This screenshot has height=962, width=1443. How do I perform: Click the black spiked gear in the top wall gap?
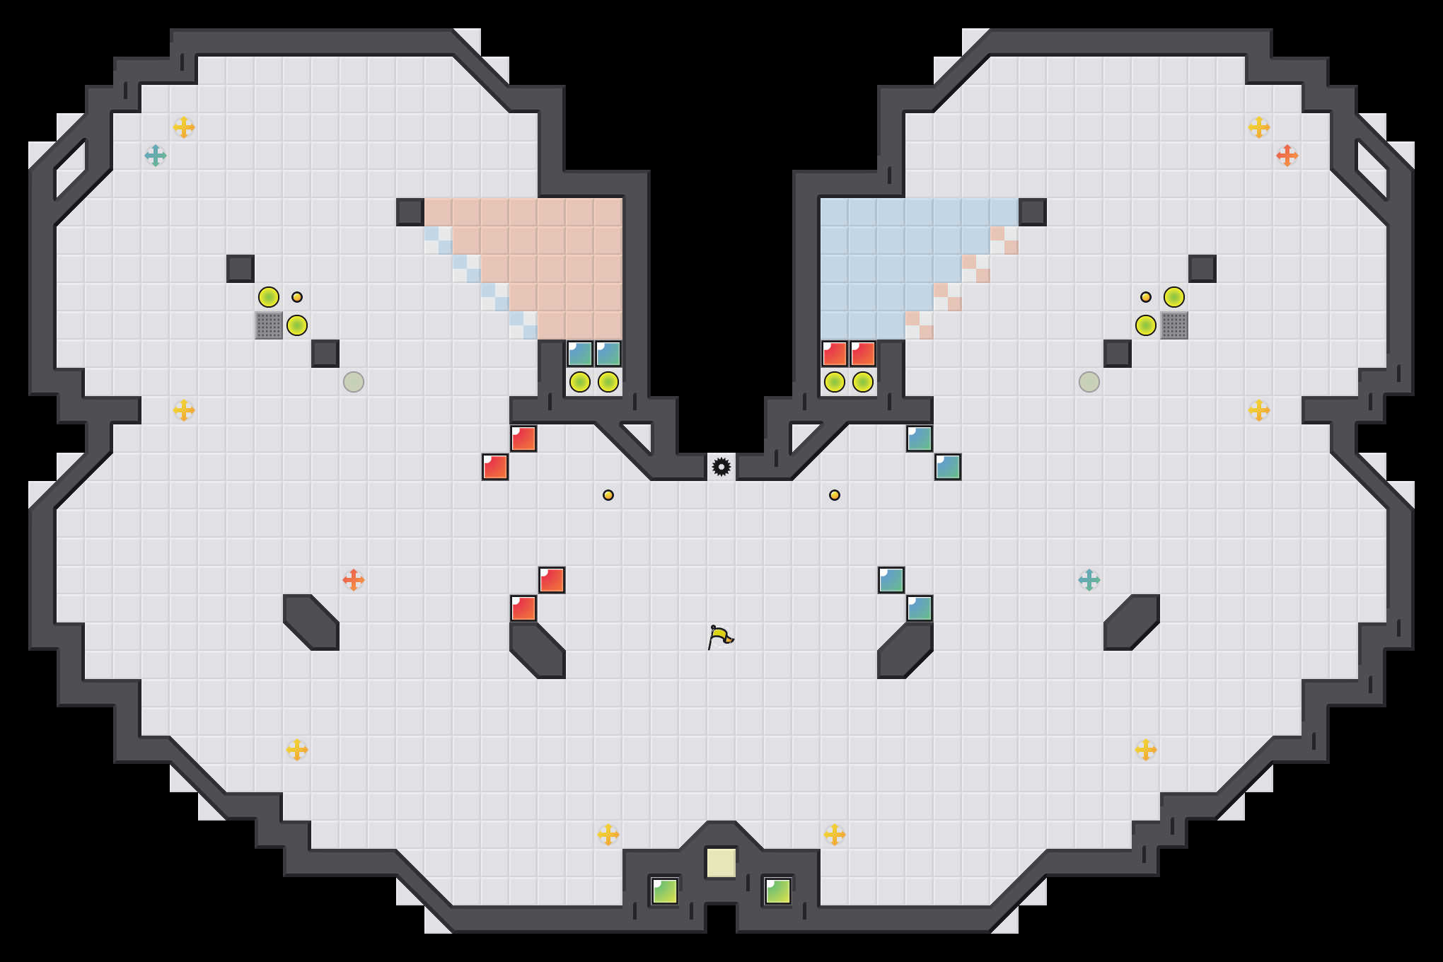coord(721,467)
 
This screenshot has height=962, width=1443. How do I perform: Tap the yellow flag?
coord(720,637)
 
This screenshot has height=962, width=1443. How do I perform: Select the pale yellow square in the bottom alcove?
coord(721,863)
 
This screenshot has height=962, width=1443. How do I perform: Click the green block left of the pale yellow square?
coord(664,891)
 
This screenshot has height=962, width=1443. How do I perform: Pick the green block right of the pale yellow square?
coord(777,891)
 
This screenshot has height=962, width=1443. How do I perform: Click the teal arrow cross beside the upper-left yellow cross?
coord(156,156)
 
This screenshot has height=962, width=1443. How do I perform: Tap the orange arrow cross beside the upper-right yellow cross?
coord(1287,156)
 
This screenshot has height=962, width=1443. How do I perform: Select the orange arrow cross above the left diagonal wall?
coord(354,580)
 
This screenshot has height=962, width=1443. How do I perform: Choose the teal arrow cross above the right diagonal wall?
coord(1089,580)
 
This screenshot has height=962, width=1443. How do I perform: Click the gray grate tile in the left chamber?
coord(269,325)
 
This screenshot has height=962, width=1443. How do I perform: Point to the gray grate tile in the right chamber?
coord(1173,325)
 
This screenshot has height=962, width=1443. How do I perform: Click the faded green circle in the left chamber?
coord(354,382)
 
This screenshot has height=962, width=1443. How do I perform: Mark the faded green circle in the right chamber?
coord(1089,382)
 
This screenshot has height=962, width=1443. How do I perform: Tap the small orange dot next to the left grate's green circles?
coord(297,297)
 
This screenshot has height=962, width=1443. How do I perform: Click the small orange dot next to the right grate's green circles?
coord(1145,297)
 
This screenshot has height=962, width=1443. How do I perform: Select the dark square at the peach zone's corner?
coord(410,212)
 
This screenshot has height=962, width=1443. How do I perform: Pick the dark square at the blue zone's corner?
coord(1032,212)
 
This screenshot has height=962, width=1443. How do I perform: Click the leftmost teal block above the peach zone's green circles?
coord(580,354)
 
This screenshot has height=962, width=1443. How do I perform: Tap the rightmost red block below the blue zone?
coord(862,354)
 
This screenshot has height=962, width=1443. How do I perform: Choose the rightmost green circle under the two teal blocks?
coord(608,382)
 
